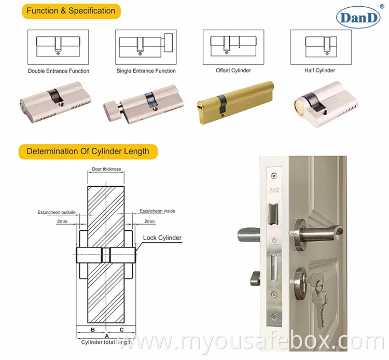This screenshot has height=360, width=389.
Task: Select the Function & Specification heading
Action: [71, 11]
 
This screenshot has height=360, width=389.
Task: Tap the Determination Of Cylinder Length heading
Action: [88, 151]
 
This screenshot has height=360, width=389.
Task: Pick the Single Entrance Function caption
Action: [146, 71]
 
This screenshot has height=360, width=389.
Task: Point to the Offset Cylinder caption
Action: [233, 71]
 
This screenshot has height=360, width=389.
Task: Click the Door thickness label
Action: [106, 169]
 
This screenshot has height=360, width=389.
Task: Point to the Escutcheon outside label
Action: [57, 212]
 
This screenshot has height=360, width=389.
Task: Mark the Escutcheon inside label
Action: [158, 212]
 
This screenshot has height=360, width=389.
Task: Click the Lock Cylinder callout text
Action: [162, 238]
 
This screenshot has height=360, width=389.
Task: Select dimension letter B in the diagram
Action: [92, 329]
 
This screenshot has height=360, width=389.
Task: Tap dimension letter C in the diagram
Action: [121, 329]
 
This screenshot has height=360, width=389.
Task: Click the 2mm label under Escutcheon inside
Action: [149, 221]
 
